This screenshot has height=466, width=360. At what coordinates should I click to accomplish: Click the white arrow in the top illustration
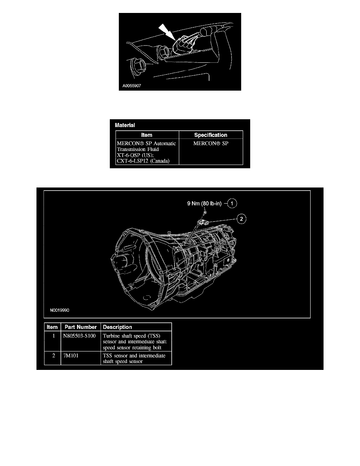click(x=167, y=32)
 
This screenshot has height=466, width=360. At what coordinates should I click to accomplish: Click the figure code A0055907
click(x=132, y=86)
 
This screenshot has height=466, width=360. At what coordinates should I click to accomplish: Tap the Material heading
click(x=125, y=125)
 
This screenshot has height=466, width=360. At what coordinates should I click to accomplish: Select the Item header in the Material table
click(x=147, y=135)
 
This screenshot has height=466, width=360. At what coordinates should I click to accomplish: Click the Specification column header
click(x=211, y=135)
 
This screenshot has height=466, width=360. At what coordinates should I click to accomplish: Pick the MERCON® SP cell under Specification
click(x=211, y=143)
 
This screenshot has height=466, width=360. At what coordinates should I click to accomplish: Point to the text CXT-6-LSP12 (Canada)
click(x=143, y=161)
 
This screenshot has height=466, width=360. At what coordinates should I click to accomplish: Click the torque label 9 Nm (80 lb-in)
click(x=204, y=204)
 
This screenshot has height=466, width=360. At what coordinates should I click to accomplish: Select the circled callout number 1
click(x=232, y=204)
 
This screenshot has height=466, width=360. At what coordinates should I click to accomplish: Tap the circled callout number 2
click(x=242, y=219)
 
